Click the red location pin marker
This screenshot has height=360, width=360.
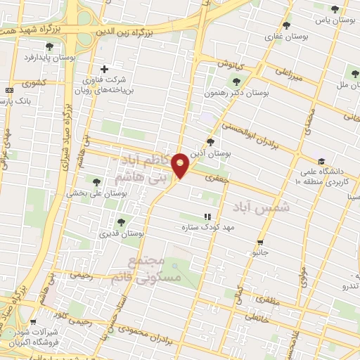point(181,165)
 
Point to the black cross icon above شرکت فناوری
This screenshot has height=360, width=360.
point(105,69)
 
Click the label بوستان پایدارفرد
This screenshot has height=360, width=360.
point(49,57)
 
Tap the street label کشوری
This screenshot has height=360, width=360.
point(33,83)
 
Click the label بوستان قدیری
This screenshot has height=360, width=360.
point(122,232)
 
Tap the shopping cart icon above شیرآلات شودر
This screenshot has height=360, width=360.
point(33,322)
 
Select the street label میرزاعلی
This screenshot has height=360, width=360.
point(288,71)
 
